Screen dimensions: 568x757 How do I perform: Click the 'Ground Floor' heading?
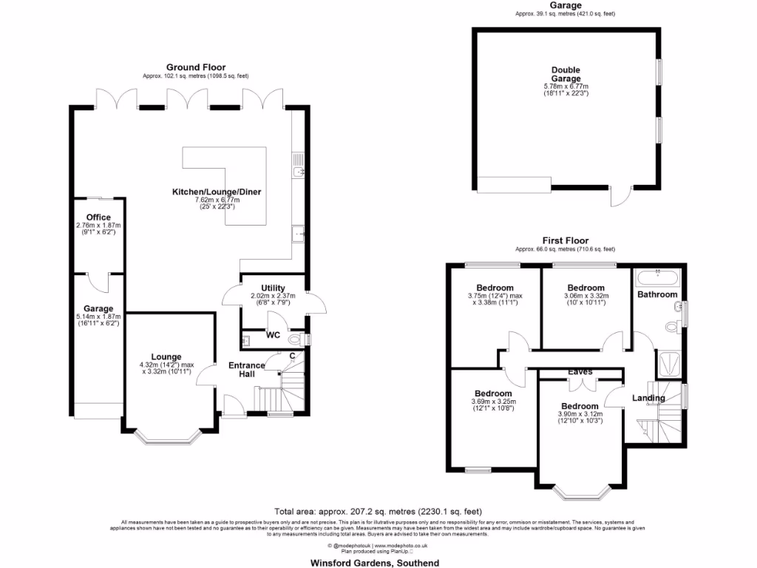tap(196, 67)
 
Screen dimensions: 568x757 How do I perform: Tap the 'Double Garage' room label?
tap(566, 75)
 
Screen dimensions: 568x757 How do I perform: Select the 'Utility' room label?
tap(273, 288)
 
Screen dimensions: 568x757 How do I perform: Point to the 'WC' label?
tap(274, 335)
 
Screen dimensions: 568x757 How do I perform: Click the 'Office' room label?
tap(98, 217)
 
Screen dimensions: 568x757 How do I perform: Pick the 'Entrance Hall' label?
tap(246, 370)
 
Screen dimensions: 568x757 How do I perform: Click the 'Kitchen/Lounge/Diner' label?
tap(217, 192)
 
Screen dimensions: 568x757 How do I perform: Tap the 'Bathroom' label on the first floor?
tap(657, 294)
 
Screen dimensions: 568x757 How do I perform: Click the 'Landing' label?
tap(648, 398)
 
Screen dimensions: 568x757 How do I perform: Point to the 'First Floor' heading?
tap(566, 240)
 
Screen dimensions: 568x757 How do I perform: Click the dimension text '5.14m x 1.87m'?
tap(98, 317)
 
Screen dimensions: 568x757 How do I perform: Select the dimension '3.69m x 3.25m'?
tap(493, 402)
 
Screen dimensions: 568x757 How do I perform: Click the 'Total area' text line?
tap(378, 511)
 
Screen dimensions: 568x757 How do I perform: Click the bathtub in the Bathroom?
tap(656, 278)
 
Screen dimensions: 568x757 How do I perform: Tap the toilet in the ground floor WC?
tap(296, 339)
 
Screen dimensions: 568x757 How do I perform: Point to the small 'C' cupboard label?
tap(293, 356)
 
